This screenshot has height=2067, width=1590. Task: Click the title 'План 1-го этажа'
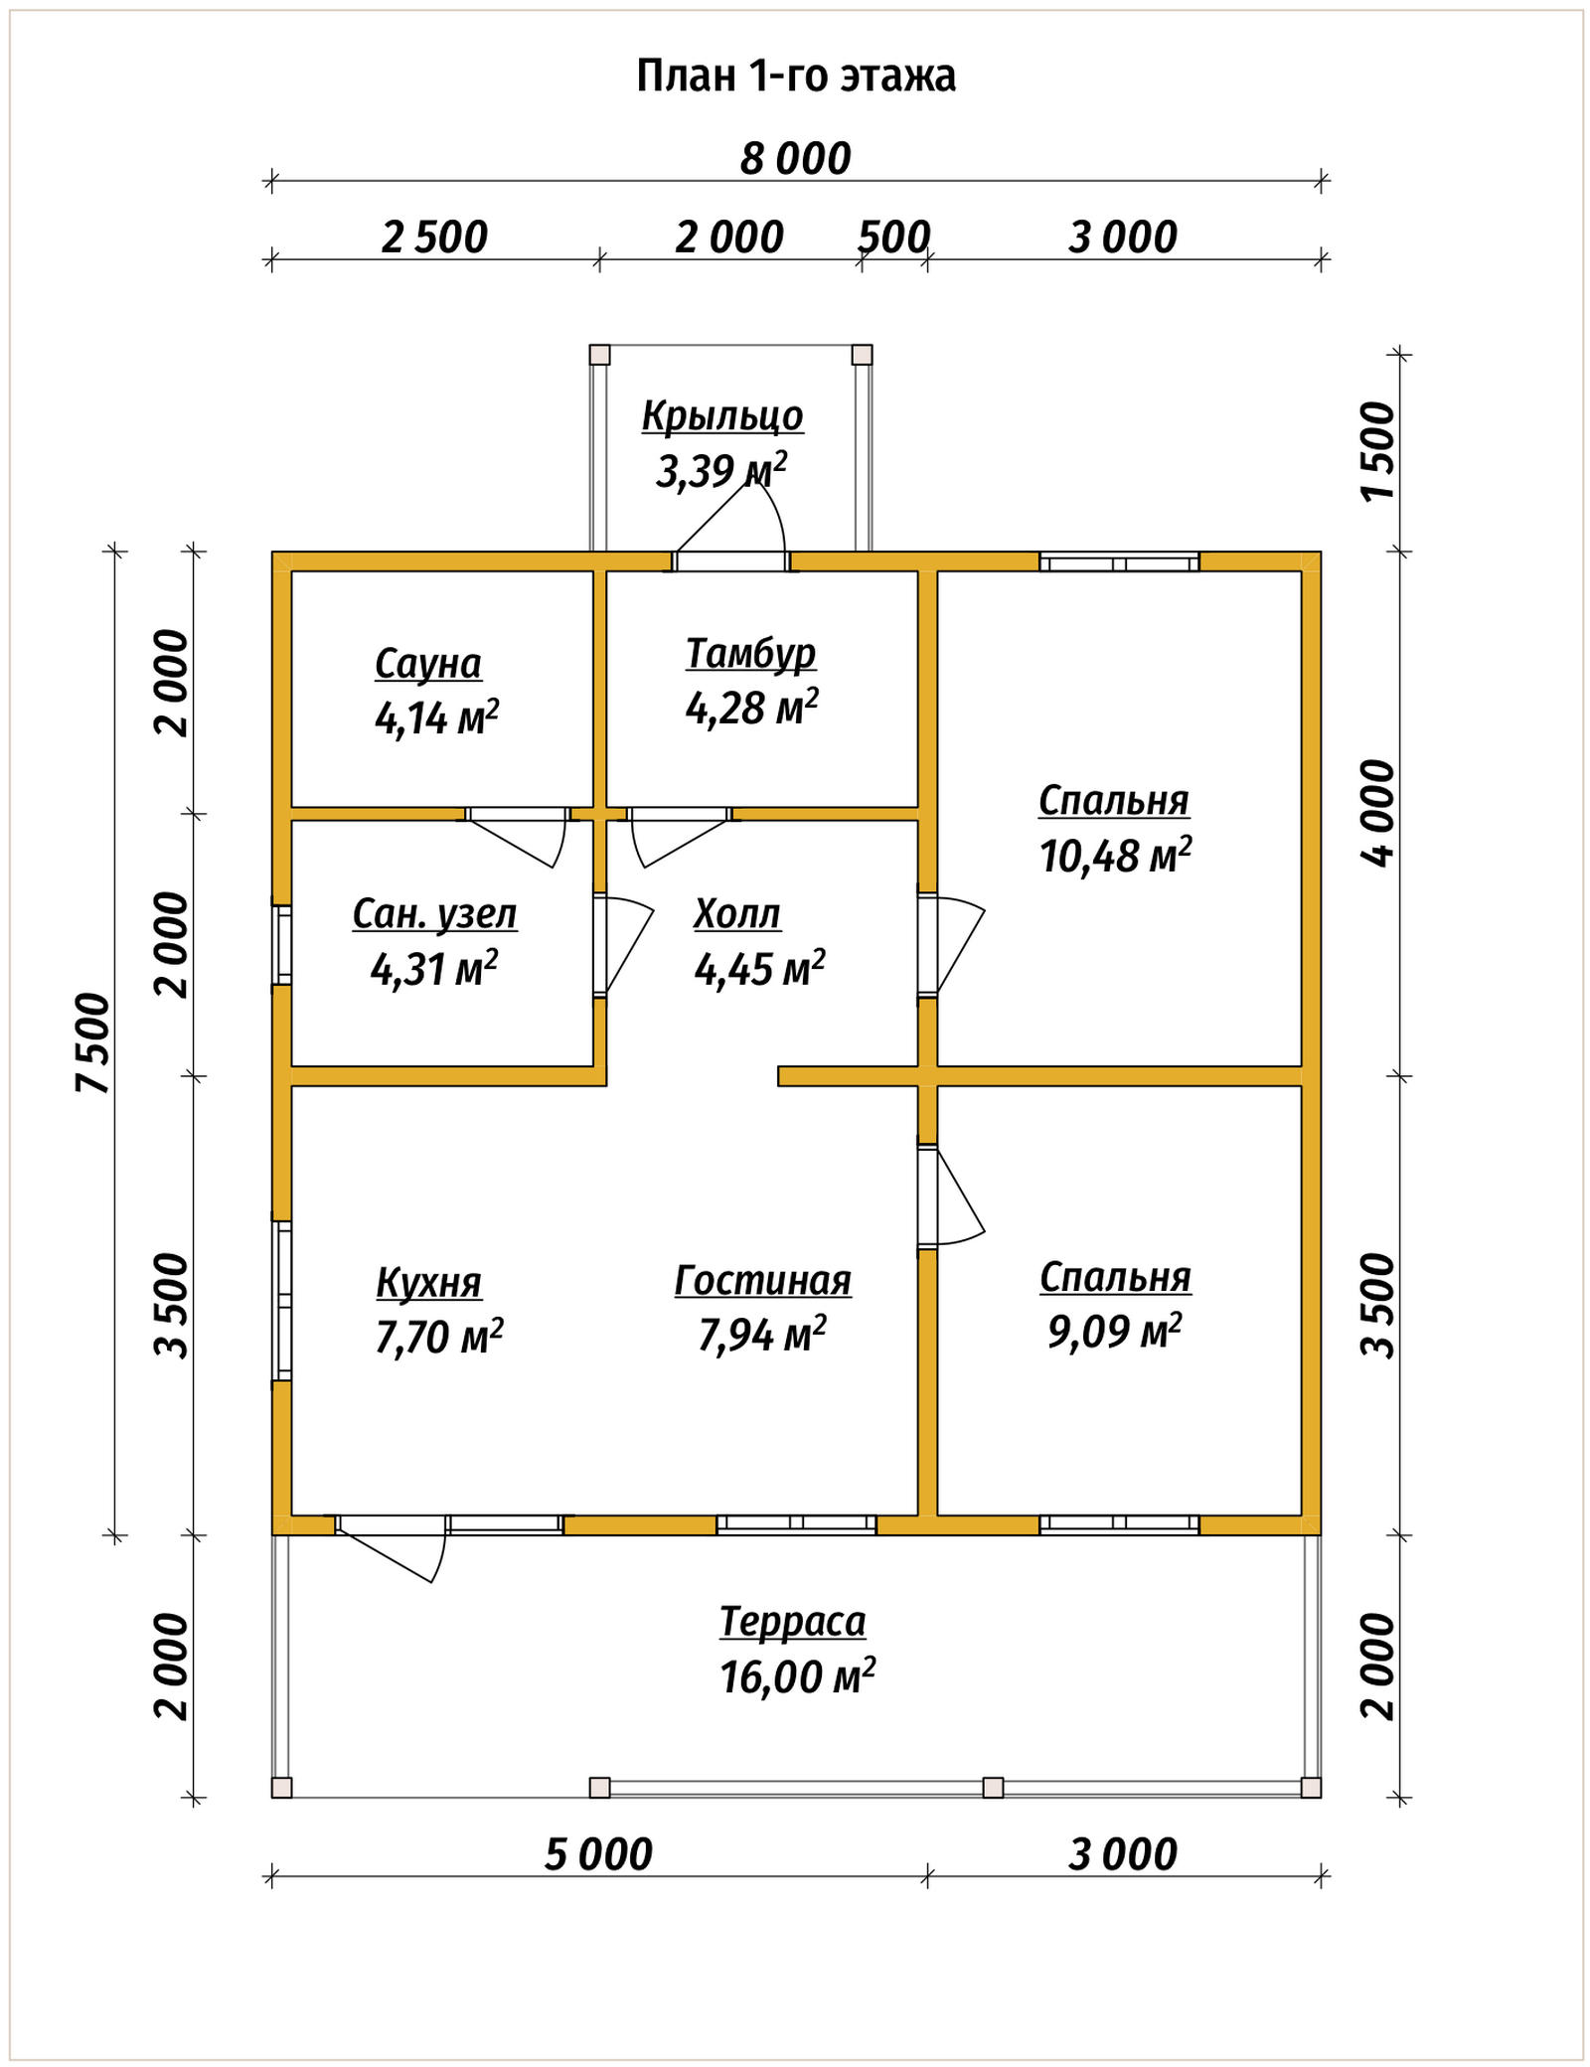(796, 76)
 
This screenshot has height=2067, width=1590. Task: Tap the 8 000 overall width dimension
(796, 159)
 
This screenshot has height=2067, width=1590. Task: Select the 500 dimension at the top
(893, 238)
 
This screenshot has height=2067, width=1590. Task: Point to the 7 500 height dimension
(92, 1042)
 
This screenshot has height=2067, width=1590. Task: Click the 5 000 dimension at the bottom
(598, 1854)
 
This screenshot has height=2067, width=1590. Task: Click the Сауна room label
(428, 663)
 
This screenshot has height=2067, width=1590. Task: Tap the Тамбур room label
(751, 654)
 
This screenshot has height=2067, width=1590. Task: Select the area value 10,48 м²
(1116, 855)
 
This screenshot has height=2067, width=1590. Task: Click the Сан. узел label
(435, 914)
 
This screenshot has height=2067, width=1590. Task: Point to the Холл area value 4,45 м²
(760, 968)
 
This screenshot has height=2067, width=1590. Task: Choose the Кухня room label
(428, 1283)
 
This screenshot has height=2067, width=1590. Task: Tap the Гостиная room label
(763, 1281)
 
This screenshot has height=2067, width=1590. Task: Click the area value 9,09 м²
(1115, 1330)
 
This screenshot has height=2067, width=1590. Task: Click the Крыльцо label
(722, 416)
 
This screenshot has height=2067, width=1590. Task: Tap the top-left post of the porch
(599, 355)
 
